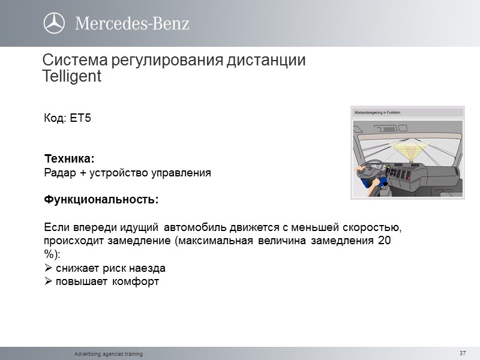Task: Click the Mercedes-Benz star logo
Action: click(54, 23)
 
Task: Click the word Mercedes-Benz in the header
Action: click(132, 24)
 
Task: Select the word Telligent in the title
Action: click(72, 77)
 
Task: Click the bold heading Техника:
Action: click(70, 159)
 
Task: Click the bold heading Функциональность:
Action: click(102, 200)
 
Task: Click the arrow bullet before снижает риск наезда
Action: click(49, 268)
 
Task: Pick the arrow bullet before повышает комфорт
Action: click(49, 281)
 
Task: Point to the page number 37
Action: click(462, 353)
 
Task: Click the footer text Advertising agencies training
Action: click(109, 354)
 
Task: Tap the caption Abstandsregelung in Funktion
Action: click(377, 112)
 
